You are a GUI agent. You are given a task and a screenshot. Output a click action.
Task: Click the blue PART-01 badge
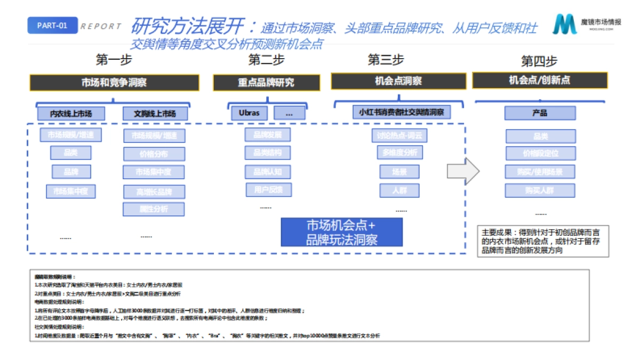(52, 26)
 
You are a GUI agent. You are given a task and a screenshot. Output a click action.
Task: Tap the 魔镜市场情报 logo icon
(564, 25)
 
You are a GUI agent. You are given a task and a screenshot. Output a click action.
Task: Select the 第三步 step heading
(386, 60)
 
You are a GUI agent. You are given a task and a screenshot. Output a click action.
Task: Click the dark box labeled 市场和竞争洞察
(114, 83)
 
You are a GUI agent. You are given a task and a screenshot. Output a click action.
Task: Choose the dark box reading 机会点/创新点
(540, 81)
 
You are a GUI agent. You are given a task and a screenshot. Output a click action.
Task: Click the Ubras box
(250, 113)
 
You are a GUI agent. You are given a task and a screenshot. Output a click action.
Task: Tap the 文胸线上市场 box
(154, 114)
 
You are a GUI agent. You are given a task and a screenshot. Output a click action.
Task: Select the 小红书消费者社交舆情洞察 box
(401, 112)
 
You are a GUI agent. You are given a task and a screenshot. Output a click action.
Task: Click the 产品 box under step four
(540, 113)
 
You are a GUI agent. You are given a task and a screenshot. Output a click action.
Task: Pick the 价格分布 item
(154, 154)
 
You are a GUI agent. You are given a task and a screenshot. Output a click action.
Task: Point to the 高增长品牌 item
(154, 191)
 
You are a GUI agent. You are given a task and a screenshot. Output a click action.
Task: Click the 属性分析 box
(154, 209)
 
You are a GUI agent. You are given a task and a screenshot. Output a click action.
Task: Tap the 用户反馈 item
(268, 189)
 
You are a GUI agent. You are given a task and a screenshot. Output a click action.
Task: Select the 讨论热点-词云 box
(399, 135)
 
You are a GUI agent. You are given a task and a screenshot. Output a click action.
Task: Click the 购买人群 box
(540, 190)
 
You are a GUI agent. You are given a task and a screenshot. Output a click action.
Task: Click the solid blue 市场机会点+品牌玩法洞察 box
(341, 232)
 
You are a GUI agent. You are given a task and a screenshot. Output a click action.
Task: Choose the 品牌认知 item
(268, 171)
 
